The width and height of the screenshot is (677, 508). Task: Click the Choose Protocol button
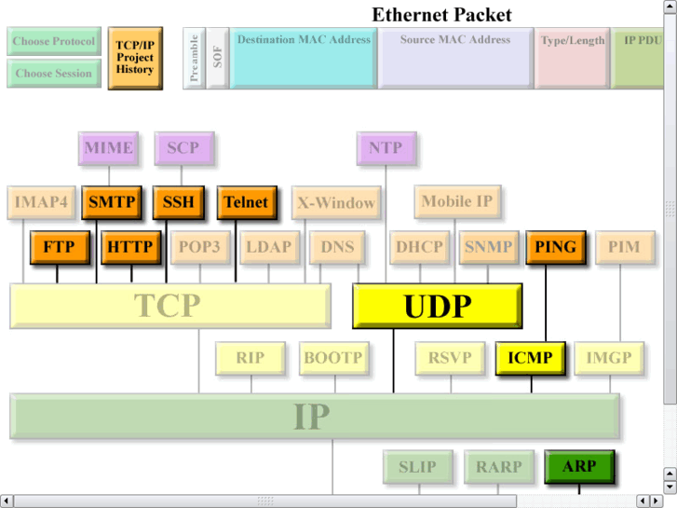pos(53,42)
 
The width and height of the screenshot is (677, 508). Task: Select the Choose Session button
pos(53,74)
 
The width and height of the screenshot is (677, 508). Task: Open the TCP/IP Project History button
pos(135,57)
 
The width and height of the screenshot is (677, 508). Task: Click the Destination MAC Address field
pos(303,57)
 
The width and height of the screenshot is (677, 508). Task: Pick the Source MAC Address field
pos(454,57)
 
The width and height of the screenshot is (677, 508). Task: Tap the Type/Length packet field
pos(572,57)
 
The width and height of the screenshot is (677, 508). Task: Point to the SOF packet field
pos(217,58)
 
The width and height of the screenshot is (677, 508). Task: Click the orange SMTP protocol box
pos(112,202)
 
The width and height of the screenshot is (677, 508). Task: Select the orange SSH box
pos(178,202)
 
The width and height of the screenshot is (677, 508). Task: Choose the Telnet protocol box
pos(246,202)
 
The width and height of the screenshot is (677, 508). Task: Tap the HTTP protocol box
pos(129,248)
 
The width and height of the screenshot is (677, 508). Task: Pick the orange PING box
pos(556,248)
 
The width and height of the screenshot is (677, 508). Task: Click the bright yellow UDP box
pos(436,306)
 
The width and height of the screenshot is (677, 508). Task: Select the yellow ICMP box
pos(530,358)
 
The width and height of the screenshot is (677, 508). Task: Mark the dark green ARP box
pos(578,466)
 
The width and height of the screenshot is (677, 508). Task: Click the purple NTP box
pos(386,148)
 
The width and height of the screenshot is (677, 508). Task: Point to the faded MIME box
pos(108,148)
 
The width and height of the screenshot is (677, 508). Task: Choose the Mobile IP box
pos(457,201)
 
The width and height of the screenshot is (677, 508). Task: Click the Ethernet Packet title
pos(441,15)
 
